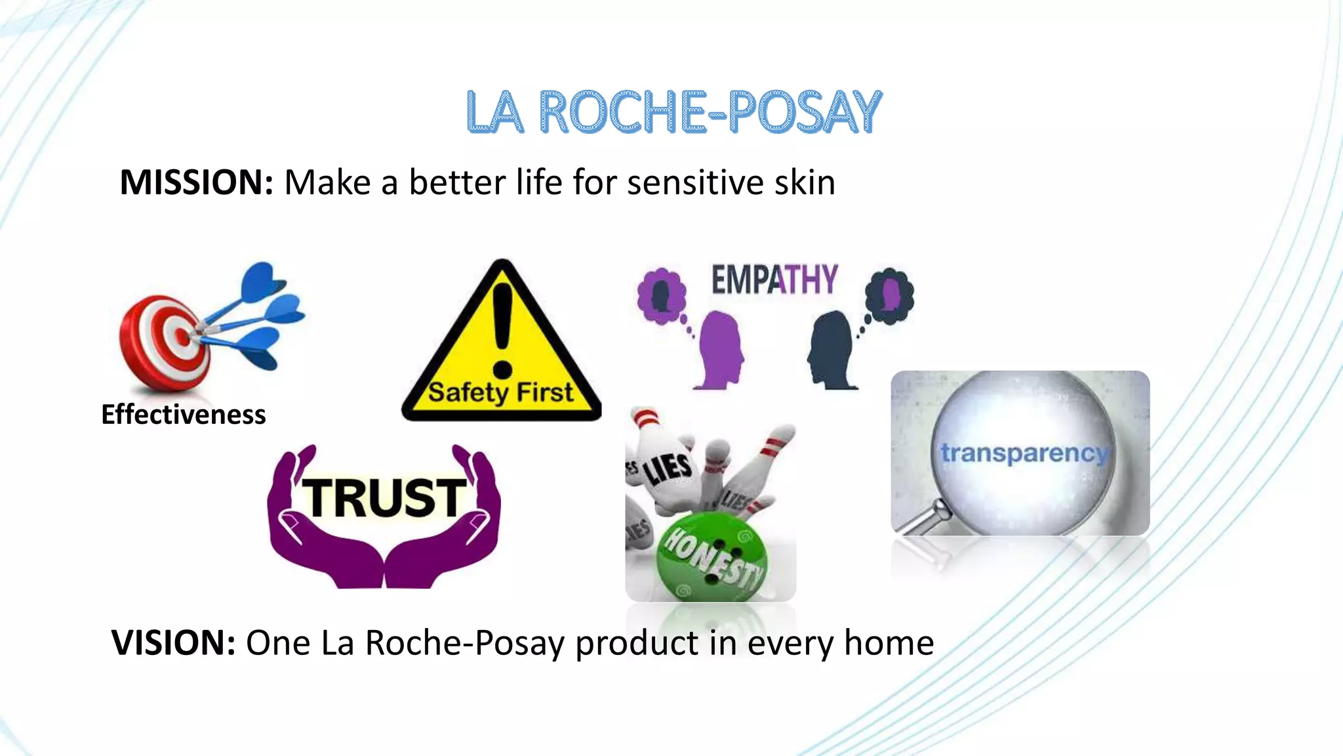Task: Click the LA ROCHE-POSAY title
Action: (673, 112)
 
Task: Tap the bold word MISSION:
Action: (196, 182)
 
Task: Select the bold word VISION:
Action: (173, 642)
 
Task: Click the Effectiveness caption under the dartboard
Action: (184, 415)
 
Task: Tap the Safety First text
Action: (500, 392)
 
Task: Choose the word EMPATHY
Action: (774, 280)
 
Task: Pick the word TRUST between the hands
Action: (386, 497)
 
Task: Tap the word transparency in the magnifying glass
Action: (1024, 453)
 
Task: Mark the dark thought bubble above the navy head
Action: (889, 295)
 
